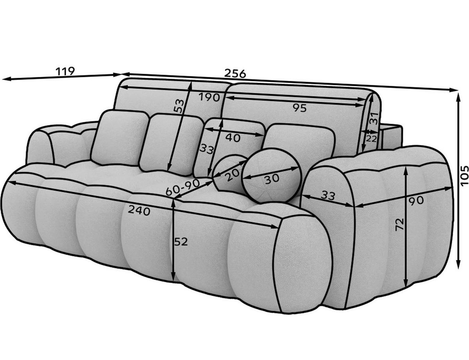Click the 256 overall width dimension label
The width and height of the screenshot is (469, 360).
click(235, 73)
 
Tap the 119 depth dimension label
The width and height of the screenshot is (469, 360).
click(65, 71)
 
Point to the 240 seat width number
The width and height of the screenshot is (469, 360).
click(139, 211)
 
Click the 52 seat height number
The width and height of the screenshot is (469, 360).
click(181, 242)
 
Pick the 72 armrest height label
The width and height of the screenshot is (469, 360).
click(399, 225)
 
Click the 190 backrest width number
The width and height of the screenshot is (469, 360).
click(209, 97)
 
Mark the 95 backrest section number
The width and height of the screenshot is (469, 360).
click(300, 109)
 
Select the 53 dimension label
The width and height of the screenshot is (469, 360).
click(179, 106)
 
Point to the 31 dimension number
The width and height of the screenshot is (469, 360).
click(374, 118)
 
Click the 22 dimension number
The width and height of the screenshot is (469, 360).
click(372, 139)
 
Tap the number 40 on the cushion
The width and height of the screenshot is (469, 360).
click(233, 137)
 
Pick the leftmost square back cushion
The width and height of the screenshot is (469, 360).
click(119, 137)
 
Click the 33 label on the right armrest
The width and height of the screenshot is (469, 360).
click(328, 196)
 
